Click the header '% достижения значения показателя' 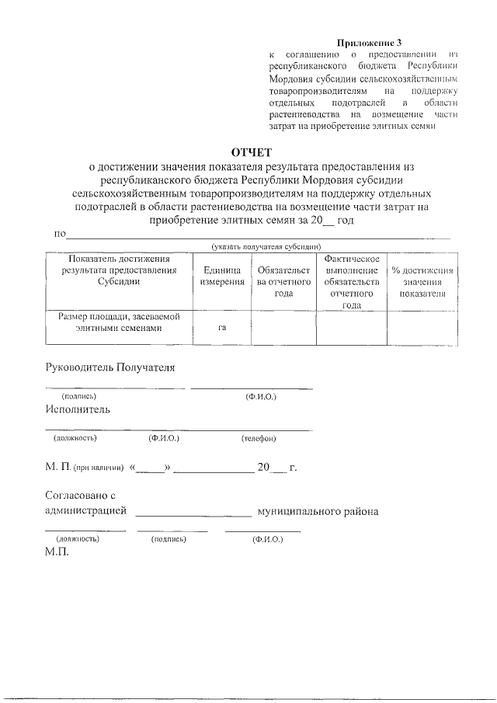click(x=422, y=281)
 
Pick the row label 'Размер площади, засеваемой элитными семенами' click(x=119, y=322)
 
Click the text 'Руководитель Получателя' click(x=109, y=367)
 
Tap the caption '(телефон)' click(x=259, y=438)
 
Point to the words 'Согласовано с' click(x=80, y=495)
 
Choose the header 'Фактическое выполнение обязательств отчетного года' click(x=351, y=281)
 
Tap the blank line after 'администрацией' click(x=193, y=513)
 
